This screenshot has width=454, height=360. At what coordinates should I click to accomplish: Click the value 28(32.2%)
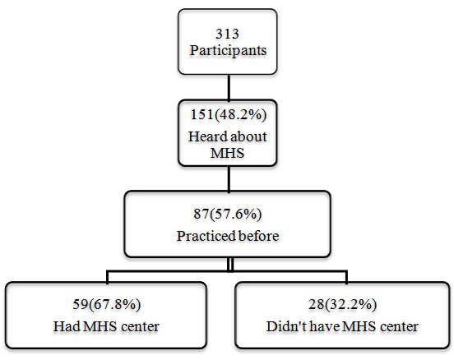pyautogui.click(x=343, y=306)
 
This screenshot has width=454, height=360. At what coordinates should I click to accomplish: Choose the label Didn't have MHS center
pyautogui.click(x=343, y=325)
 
